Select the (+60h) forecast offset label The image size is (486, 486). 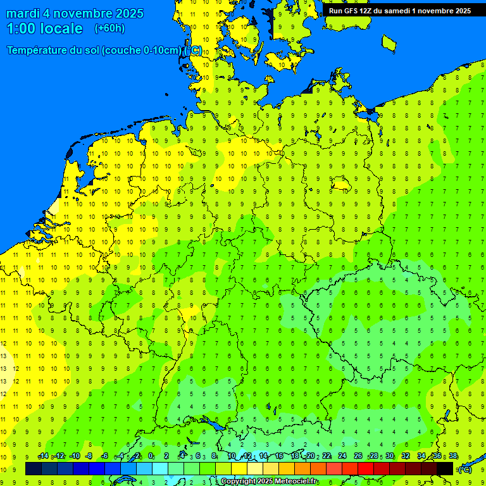[x=109, y=28]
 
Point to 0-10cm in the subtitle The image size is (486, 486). [x=163, y=51]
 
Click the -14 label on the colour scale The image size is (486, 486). [x=43, y=456]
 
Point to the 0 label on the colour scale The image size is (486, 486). [x=151, y=456]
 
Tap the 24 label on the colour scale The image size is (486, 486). [x=342, y=456]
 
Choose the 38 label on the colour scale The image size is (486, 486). [x=453, y=456]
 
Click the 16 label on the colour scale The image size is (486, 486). [x=279, y=456]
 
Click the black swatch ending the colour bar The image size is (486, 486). [x=445, y=468]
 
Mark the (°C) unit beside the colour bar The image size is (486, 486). [x=465, y=469]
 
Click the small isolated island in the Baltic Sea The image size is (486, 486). [x=389, y=42]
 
